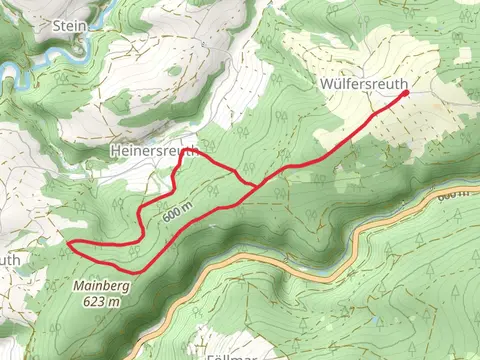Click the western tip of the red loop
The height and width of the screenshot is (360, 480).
point(68,243)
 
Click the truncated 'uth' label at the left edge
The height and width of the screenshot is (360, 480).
point(9,259)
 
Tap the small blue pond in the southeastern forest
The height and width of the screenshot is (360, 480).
point(374,322)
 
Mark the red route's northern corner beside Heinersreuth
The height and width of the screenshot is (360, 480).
point(195,152)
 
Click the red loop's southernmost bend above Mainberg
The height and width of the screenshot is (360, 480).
point(132,270)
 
